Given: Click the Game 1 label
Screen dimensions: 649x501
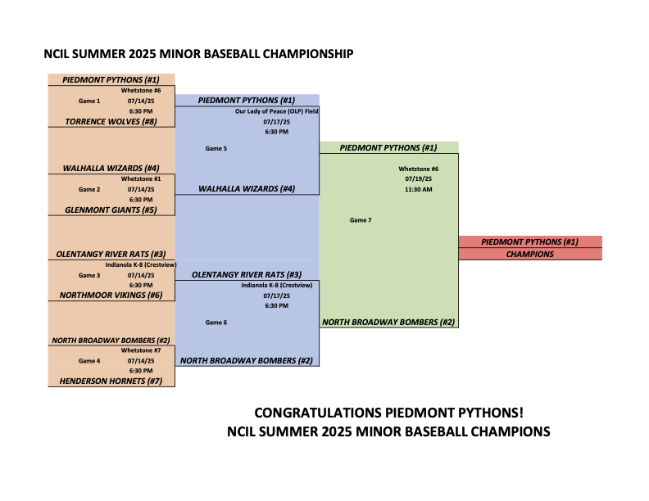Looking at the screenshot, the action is tap(89, 101).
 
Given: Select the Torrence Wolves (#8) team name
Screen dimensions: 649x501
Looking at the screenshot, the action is tap(111, 121).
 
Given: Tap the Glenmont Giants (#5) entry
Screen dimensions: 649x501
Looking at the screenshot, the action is tap(111, 210).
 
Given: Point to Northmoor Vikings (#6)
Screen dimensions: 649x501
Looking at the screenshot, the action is tap(111, 296).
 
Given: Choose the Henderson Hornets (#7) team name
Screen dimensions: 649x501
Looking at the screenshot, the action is tap(111, 381).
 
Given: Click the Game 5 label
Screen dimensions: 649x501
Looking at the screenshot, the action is tap(216, 148).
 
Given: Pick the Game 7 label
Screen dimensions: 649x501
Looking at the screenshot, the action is tap(361, 220).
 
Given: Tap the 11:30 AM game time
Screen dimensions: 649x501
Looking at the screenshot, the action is tap(419, 189).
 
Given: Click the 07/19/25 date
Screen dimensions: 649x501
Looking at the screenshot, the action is tap(419, 179).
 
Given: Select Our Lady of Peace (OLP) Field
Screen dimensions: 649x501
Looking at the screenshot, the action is tap(276, 111).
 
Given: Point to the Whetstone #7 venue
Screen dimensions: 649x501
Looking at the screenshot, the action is tap(141, 350).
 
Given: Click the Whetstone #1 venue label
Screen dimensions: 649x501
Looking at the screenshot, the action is tap(141, 179).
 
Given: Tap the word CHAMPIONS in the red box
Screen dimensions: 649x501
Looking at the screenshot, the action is tap(530, 255).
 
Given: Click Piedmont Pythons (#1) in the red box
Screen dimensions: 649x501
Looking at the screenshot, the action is tap(530, 241).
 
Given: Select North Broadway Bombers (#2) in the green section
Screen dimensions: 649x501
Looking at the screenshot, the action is tap(388, 322).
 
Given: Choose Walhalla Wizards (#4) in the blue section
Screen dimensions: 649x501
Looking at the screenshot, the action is tap(247, 189).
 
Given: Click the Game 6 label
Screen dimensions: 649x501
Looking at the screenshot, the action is tap(216, 323).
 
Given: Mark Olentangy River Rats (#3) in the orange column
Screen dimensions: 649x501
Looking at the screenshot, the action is tap(111, 255).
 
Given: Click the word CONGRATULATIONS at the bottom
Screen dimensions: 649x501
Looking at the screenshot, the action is tap(318, 413).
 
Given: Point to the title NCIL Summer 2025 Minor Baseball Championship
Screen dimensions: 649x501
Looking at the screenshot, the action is tap(198, 54).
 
